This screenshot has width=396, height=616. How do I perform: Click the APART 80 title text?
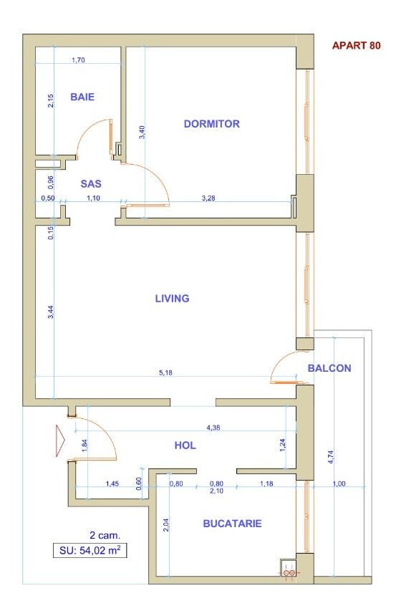356,46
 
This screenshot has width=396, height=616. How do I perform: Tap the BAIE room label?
82,97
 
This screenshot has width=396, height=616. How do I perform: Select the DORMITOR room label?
211,124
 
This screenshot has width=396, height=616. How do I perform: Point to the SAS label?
91,183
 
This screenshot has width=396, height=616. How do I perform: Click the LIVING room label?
172,298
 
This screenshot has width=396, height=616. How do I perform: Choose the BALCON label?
329,368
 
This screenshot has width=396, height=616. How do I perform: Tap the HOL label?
185,446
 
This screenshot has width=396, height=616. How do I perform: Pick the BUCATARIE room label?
232,524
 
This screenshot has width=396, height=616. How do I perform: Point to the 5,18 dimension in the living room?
165,372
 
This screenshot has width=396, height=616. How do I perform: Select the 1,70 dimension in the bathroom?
79,60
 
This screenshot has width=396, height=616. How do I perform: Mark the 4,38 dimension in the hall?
213,428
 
